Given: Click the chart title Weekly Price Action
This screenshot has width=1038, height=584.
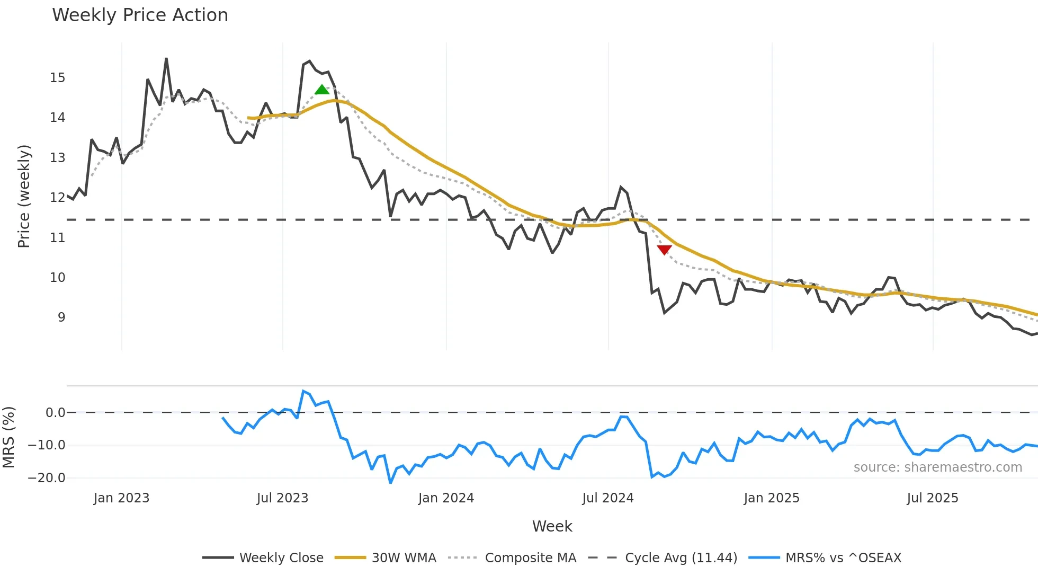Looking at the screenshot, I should (x=140, y=15).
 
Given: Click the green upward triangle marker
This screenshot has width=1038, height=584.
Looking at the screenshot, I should (x=322, y=90).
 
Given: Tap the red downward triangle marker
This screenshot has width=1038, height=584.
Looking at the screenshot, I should (x=664, y=250).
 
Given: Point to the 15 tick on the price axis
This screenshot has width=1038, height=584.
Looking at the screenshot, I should (x=57, y=78).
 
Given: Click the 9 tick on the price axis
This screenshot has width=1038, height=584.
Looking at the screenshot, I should (x=61, y=317).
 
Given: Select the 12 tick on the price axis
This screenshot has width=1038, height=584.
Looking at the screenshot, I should (x=57, y=198).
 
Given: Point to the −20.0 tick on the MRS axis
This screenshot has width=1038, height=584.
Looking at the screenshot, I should (x=47, y=478).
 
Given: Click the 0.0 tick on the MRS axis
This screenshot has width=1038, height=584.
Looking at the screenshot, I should (x=55, y=413).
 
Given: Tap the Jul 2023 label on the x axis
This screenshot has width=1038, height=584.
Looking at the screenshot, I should (x=282, y=498).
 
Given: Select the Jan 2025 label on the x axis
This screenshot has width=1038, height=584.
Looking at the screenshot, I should (x=771, y=498).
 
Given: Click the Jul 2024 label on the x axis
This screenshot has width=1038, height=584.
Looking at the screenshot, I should (x=608, y=498).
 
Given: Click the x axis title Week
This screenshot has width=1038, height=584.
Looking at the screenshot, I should (x=552, y=526).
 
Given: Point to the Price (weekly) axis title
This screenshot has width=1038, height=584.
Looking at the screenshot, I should (x=24, y=196).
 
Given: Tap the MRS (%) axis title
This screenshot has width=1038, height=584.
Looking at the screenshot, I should (x=8, y=437).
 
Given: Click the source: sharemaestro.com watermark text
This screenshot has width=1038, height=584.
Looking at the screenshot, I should (x=937, y=467).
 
